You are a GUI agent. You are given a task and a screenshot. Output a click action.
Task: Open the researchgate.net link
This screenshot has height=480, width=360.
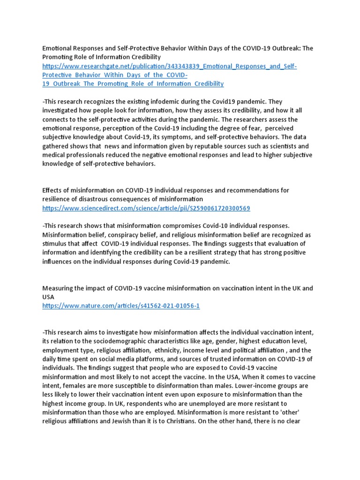coord(169,66)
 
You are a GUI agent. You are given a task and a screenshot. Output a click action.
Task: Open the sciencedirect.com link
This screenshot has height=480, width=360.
coord(146,208)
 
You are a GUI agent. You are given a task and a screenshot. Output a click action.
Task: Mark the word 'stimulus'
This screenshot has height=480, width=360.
coord(56,243)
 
